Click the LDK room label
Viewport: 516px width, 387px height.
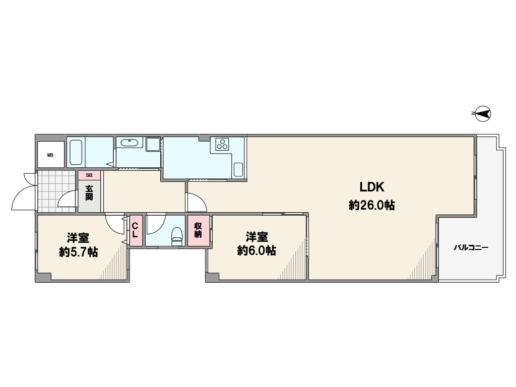pos(372,187)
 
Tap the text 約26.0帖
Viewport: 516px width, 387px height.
pos(372,206)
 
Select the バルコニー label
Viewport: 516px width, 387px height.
pos(471,247)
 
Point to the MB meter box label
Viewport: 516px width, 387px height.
pos(50,155)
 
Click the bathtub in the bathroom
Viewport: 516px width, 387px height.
pos(76,152)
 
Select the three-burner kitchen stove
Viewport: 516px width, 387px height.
pos(222,144)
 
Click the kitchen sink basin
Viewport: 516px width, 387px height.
pos(238,170)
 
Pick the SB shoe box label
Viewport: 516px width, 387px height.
pos(89,175)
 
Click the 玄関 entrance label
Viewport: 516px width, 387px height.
pos(89,193)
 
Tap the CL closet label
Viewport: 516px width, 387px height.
pos(135,230)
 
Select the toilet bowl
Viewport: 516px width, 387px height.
pos(177,236)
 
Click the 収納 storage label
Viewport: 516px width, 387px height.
pos(198,230)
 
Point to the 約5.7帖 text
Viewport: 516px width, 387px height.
pos(78,252)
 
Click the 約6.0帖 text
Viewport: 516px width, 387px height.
pos(256,251)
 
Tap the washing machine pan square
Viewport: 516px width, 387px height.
pos(153,144)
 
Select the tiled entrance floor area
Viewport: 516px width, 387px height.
pos(56,191)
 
